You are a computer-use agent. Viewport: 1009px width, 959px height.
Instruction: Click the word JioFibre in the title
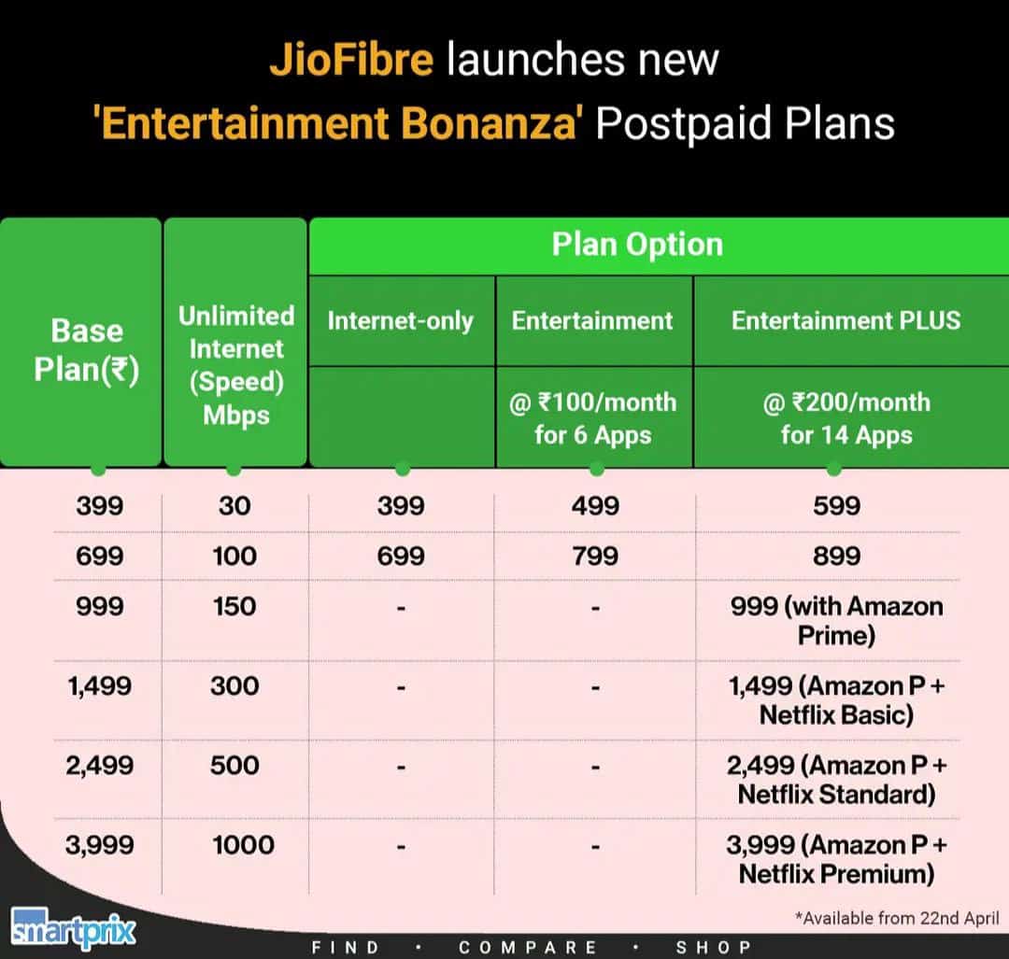click(x=351, y=60)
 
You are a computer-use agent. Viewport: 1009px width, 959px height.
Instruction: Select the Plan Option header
click(x=637, y=245)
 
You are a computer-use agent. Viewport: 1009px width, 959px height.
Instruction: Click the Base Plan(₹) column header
click(x=87, y=350)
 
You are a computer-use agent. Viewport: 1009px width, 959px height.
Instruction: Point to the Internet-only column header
click(x=400, y=320)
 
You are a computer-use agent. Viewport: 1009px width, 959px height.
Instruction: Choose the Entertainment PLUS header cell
click(x=846, y=320)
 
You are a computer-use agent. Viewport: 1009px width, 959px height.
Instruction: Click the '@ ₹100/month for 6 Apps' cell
click(x=593, y=418)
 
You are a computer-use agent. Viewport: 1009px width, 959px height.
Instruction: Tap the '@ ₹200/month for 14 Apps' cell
click(x=846, y=418)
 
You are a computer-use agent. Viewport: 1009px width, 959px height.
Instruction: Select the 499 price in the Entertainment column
click(x=596, y=506)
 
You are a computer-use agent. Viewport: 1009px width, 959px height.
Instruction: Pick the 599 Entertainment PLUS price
click(x=836, y=506)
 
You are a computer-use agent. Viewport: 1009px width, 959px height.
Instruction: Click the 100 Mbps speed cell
click(x=234, y=556)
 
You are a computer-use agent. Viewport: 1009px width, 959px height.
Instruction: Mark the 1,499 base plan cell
click(x=99, y=686)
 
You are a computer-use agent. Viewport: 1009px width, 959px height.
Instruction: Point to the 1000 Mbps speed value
click(x=243, y=845)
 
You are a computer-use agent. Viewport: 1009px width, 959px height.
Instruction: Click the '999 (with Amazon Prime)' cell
click(x=836, y=620)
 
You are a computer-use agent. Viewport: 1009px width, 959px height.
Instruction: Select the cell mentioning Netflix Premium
click(x=836, y=859)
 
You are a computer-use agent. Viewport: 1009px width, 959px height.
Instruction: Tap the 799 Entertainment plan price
click(x=596, y=556)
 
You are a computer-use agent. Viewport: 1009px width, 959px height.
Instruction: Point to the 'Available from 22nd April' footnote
click(x=897, y=918)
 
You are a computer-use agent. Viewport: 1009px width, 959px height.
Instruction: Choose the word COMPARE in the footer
click(x=528, y=947)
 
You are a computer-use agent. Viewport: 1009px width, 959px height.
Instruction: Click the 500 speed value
click(x=234, y=766)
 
